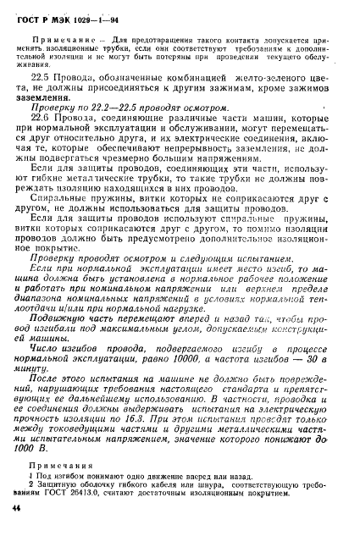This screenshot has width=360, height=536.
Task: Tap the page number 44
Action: pyautogui.click(x=16, y=528)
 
